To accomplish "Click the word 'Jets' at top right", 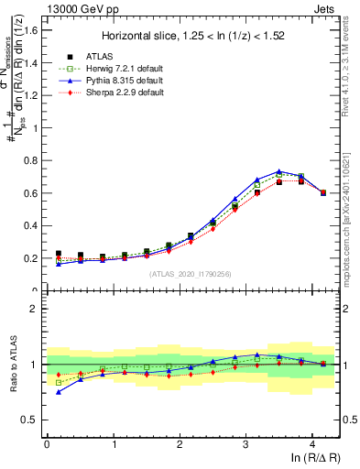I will (327, 7).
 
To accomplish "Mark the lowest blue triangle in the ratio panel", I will (59, 392).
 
